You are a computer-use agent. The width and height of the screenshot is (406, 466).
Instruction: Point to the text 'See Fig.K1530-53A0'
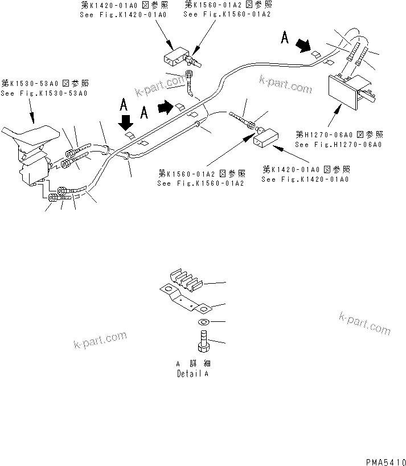point(44,93)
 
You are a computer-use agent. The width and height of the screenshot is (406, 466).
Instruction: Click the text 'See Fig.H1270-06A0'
point(338,145)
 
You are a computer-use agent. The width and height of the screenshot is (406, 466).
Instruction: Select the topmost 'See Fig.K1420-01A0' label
point(123,14)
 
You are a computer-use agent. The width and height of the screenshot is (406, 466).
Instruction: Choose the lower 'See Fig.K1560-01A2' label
point(202,183)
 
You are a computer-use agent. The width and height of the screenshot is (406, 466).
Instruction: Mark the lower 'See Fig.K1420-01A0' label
point(305,179)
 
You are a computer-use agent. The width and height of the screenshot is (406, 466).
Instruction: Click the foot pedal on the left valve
point(28,136)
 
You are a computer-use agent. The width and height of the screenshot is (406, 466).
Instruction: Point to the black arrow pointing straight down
point(125,121)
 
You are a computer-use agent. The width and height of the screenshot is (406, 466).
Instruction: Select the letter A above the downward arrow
point(123,104)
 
